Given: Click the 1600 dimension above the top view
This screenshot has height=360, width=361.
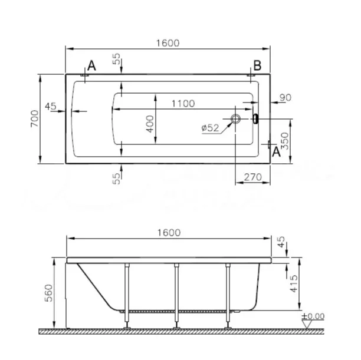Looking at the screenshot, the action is click(x=168, y=43).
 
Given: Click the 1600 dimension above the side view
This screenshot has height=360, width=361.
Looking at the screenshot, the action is click(x=169, y=233).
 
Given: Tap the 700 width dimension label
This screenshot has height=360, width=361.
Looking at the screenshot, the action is click(x=35, y=118).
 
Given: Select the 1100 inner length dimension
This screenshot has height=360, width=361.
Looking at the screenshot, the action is click(x=183, y=104).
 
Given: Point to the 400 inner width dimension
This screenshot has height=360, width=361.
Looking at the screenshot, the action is click(x=150, y=124).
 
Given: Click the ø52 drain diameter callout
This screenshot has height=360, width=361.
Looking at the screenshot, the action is click(x=210, y=128).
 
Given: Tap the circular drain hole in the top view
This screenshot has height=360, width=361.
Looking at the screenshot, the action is click(x=235, y=118).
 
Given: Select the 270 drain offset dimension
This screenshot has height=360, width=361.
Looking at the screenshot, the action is click(x=253, y=177).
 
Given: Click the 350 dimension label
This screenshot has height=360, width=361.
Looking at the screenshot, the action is click(x=285, y=141).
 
